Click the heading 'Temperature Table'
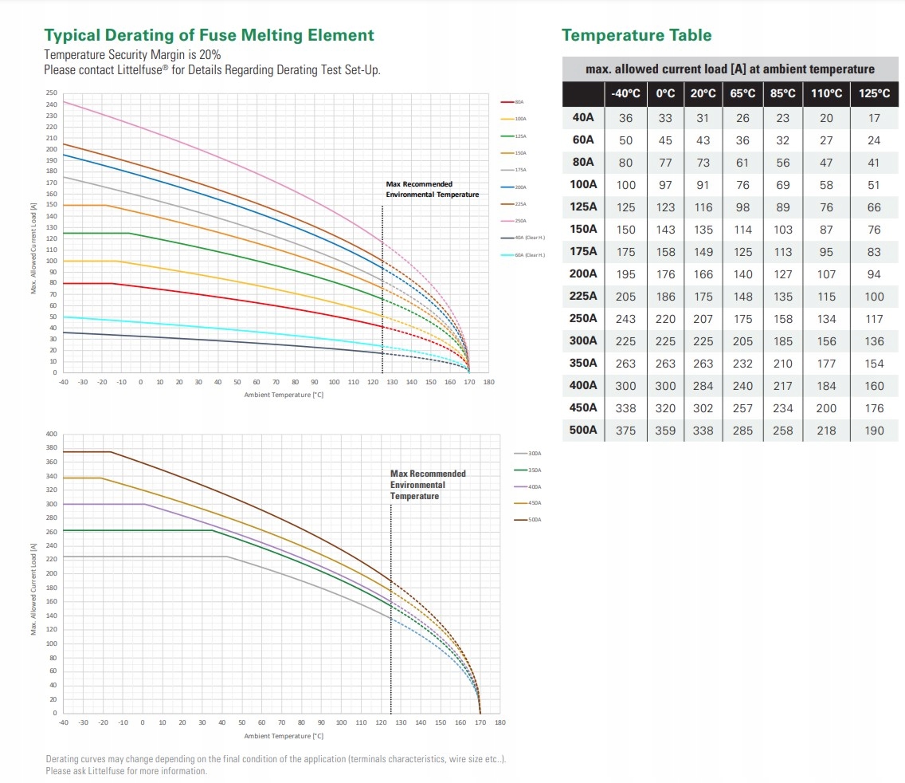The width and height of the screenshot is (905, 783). (x=636, y=35)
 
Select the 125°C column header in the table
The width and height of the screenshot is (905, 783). (x=874, y=93)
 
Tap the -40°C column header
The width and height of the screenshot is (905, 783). (x=625, y=93)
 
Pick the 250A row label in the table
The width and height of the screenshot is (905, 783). (x=583, y=318)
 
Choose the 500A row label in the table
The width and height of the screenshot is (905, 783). (x=583, y=430)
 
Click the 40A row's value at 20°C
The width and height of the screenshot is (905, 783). (x=702, y=118)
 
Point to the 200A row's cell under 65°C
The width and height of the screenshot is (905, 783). (x=742, y=274)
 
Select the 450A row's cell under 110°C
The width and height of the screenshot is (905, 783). (x=826, y=408)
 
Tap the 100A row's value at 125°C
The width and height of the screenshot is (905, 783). (x=874, y=185)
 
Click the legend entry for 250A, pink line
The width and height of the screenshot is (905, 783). (x=519, y=221)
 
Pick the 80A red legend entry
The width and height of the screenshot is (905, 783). (x=519, y=102)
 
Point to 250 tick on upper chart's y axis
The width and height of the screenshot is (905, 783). (x=52, y=94)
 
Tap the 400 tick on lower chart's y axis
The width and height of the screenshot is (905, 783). (x=52, y=435)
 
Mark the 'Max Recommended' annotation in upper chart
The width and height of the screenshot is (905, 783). (x=419, y=184)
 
